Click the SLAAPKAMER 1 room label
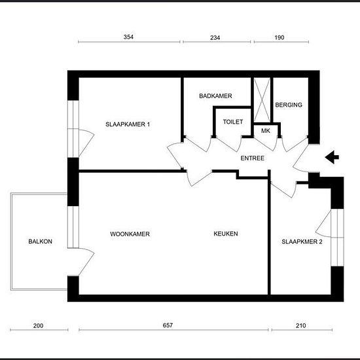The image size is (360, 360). [128, 124]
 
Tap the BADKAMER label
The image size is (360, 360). [215, 96]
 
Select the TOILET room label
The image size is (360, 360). [233, 122]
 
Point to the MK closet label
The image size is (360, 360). [266, 131]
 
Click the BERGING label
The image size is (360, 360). [289, 105]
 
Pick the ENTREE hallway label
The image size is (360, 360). [252, 158]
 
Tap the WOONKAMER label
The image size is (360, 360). [130, 234]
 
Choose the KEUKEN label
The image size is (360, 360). [226, 234]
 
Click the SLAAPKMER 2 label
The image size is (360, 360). [302, 242]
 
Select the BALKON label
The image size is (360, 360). [40, 242]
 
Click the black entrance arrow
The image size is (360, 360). [332, 157]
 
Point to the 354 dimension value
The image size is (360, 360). [128, 37]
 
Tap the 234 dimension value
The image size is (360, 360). [215, 37]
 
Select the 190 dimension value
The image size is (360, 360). [279, 37]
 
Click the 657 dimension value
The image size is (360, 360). [168, 325]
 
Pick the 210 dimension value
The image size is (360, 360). [301, 325]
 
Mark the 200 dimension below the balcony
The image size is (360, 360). [38, 325]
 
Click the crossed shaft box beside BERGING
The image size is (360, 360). [262, 100]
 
